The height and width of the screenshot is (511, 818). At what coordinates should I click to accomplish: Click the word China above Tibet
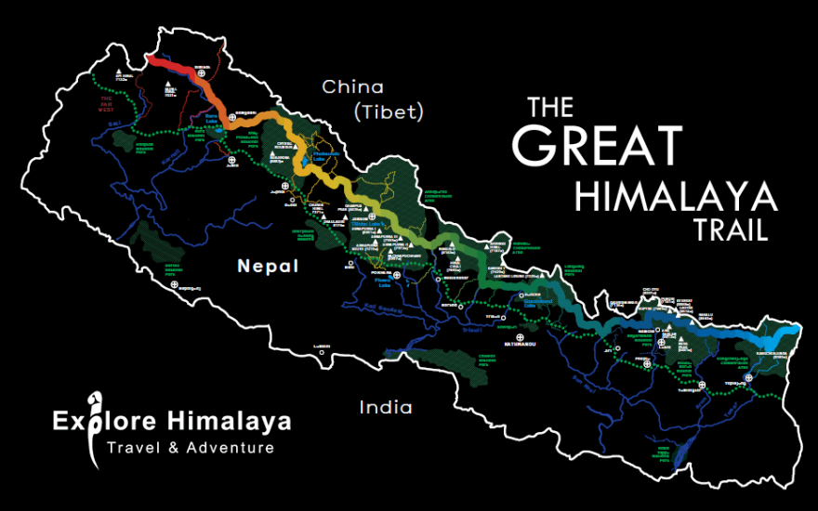[352, 87]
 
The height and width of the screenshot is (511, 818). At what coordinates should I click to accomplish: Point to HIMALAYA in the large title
[676, 195]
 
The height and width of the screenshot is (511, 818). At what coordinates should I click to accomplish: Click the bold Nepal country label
[268, 267]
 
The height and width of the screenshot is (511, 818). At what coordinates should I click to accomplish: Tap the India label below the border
[386, 407]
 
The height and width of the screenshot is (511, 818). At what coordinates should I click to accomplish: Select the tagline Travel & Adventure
[191, 448]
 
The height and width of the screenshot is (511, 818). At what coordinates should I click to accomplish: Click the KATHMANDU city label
[520, 346]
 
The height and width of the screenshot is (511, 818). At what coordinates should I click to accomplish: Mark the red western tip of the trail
[150, 59]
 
